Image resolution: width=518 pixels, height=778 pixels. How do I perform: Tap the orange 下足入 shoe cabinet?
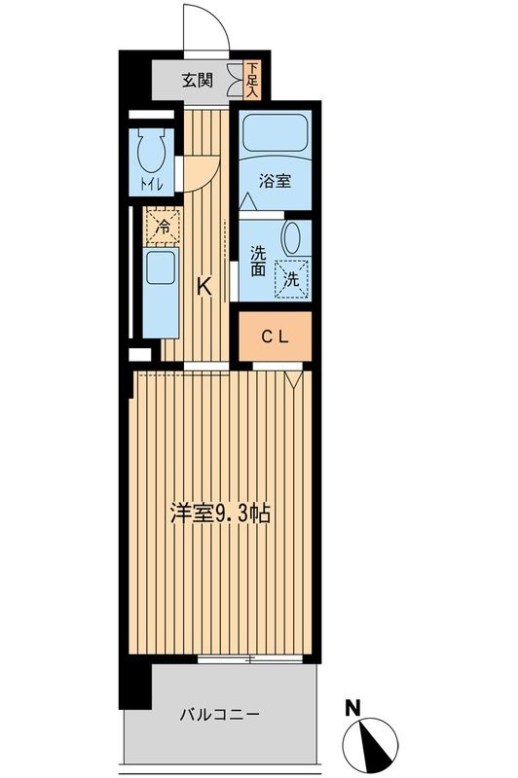click(x=252, y=81)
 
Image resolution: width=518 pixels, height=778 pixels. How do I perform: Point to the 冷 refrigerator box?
click(x=163, y=226)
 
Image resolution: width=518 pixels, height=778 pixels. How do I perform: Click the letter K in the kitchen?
click(x=204, y=286)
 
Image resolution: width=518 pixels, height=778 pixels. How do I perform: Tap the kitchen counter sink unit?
click(x=158, y=291)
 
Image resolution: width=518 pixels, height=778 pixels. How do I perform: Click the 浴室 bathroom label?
click(x=273, y=180)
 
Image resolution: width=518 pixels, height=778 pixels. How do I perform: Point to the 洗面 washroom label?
click(x=258, y=262)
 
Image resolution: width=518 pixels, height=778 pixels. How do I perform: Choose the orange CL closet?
click(x=275, y=336)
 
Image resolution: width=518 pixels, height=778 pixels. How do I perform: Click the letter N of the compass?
click(x=355, y=707)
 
